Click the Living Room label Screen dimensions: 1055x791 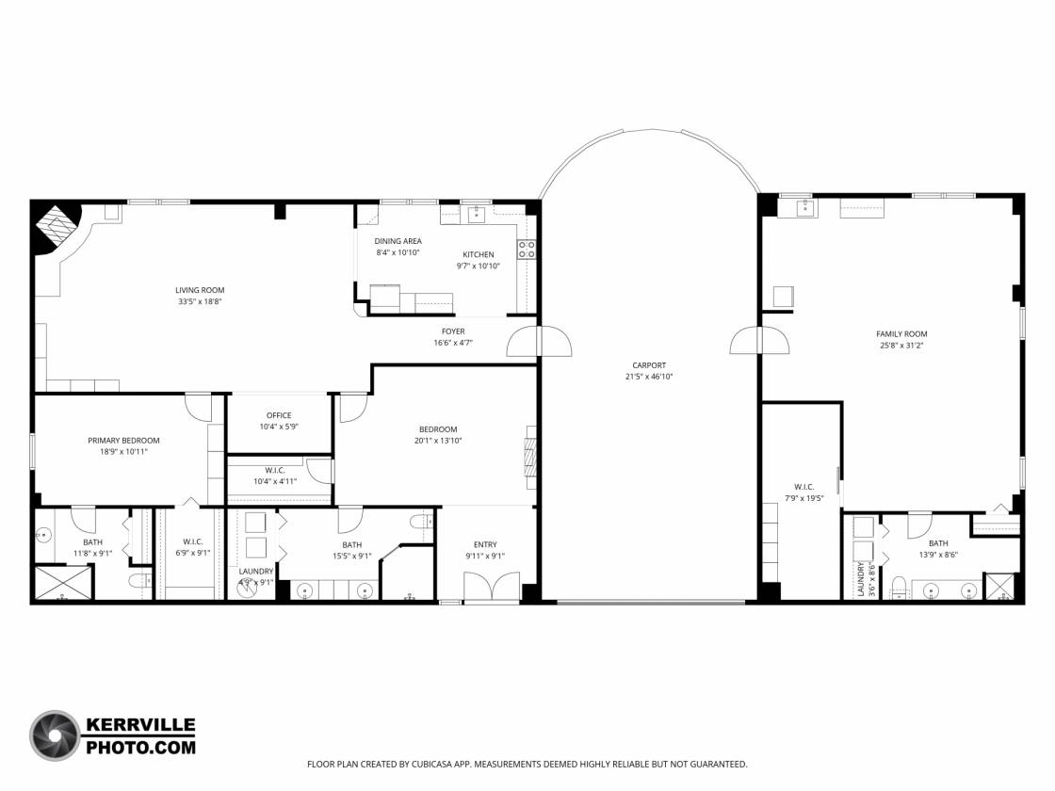[x=200, y=291]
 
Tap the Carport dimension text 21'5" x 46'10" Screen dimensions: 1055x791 [x=649, y=377]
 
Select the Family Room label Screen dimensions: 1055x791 [x=901, y=333]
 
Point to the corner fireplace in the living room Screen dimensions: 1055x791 [x=57, y=227]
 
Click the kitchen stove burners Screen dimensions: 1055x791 [x=527, y=250]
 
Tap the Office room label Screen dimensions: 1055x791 [x=279, y=415]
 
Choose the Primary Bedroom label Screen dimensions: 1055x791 [x=123, y=441]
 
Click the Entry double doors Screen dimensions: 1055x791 [x=492, y=586]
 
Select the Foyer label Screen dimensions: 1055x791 [x=453, y=331]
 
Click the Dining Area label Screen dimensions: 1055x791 [x=398, y=241]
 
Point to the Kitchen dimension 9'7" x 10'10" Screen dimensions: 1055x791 [x=478, y=266]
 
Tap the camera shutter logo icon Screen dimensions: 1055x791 [x=56, y=735]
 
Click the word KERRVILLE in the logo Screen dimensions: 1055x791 [x=140, y=725]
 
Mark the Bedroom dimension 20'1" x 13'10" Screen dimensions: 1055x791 [x=438, y=442]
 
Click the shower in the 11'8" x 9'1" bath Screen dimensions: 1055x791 [x=62, y=583]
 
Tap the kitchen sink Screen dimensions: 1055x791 [x=477, y=215]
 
